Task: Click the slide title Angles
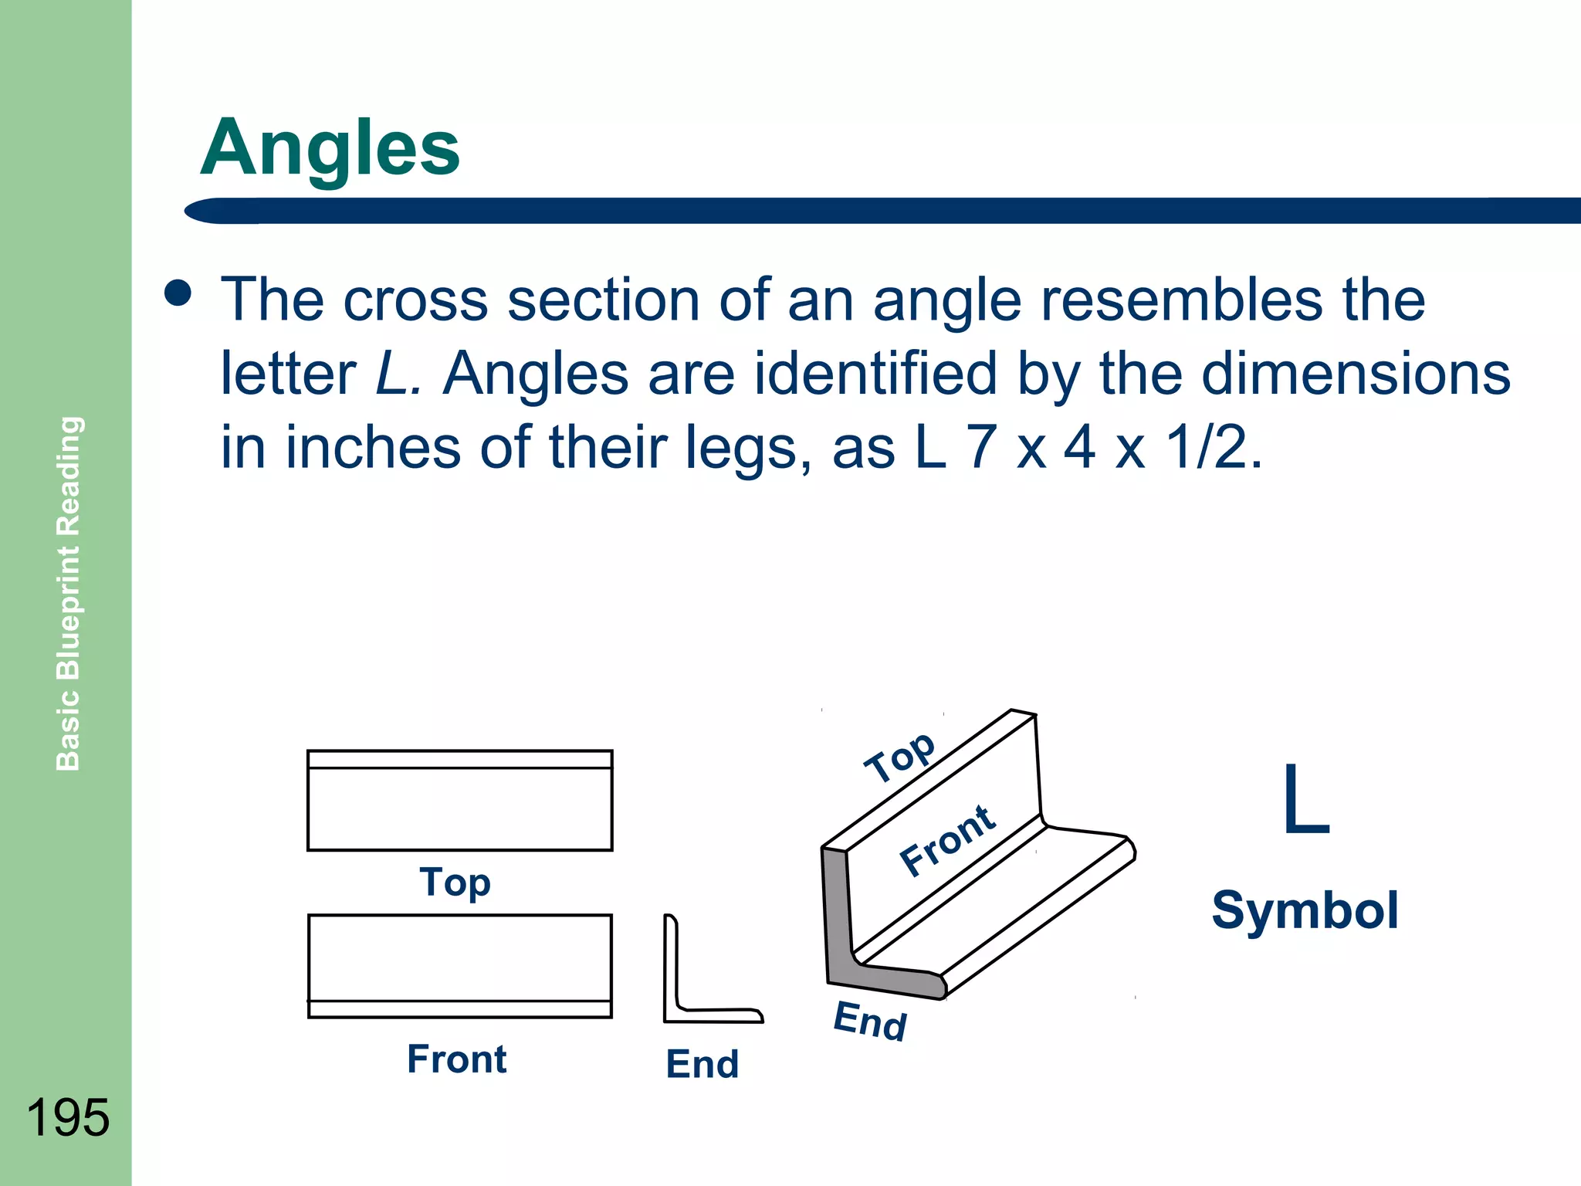(330, 148)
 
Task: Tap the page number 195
(68, 1117)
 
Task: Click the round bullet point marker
(178, 293)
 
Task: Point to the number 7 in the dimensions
(981, 447)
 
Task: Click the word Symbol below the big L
(1305, 910)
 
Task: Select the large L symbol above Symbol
(1305, 800)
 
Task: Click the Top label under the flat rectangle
(455, 882)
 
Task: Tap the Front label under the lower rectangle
(457, 1059)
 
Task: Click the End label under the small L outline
(702, 1064)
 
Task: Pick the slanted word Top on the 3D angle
(900, 757)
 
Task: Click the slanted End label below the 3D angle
(870, 1021)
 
